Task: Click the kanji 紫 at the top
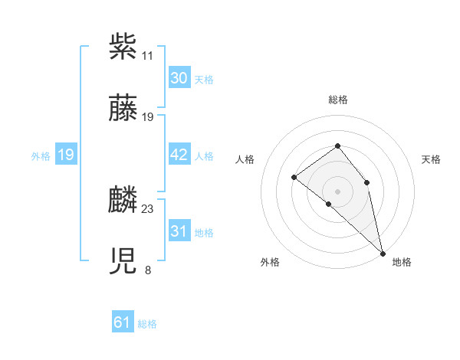[123, 46]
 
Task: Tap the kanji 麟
[123, 199]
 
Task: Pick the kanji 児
[123, 261]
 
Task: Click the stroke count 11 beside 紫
[147, 55]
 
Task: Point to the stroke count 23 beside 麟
[147, 208]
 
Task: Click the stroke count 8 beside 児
[147, 270]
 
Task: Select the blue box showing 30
[179, 78]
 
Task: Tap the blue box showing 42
[179, 155]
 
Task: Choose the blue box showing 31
[179, 231]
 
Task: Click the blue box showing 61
[123, 322]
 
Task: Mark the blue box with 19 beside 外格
[65, 155]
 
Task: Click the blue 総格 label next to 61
[147, 324]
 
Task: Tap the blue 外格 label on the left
[41, 155]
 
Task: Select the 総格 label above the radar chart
[338, 100]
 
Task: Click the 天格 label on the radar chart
[431, 159]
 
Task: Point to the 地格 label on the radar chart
[402, 262]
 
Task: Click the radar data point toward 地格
[383, 253]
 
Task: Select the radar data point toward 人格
[294, 177]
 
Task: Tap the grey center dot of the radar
[337, 191]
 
